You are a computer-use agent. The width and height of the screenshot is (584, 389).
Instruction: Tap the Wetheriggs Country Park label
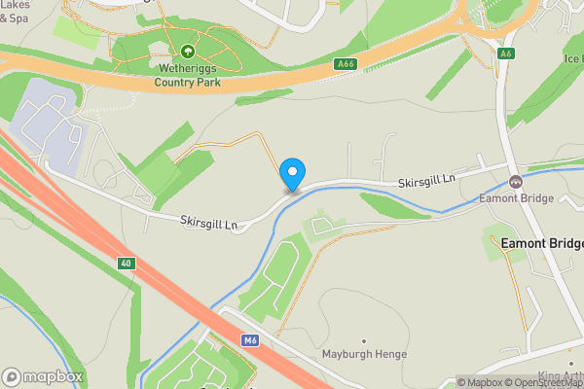pyautogui.click(x=187, y=76)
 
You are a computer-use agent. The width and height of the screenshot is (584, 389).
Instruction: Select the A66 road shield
pyautogui.click(x=346, y=64)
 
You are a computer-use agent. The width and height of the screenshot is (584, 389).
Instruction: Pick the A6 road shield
pyautogui.click(x=505, y=53)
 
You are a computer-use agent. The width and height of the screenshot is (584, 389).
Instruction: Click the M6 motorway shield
pyautogui.click(x=250, y=339)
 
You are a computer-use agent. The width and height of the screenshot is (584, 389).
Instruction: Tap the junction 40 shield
pyautogui.click(x=127, y=264)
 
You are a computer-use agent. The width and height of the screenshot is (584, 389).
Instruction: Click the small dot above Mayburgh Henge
pyautogui.click(x=363, y=340)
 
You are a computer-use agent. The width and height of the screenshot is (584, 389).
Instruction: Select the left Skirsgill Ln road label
pyautogui.click(x=208, y=223)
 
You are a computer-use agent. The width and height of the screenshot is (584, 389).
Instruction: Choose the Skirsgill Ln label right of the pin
pyautogui.click(x=426, y=183)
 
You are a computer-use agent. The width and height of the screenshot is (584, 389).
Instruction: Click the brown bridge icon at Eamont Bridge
pyautogui.click(x=516, y=181)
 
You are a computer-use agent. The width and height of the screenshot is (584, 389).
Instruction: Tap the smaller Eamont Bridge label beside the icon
pyautogui.click(x=516, y=198)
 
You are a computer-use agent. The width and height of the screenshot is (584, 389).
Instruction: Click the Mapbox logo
pyautogui.click(x=43, y=376)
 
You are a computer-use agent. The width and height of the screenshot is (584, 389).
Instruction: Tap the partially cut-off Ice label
pyautogui.click(x=573, y=58)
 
